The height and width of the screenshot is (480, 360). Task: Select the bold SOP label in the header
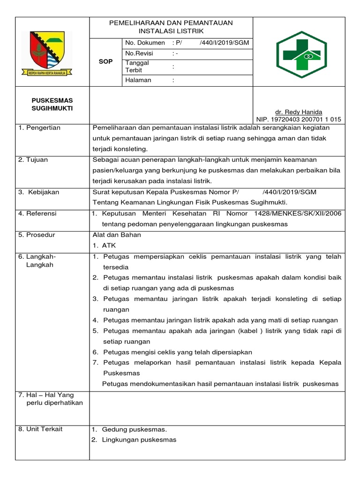[x=105, y=61]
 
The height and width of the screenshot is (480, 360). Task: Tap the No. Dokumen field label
[x=145, y=43]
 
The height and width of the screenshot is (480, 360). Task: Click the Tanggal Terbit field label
[x=137, y=67]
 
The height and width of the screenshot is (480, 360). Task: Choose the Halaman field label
[x=138, y=80]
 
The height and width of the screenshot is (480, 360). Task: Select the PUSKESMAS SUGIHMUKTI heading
[x=52, y=105]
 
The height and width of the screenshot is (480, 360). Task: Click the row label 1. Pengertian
[x=39, y=128]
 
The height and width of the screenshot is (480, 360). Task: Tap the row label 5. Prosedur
[x=37, y=235]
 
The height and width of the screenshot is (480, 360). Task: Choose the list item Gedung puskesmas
[x=134, y=429]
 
